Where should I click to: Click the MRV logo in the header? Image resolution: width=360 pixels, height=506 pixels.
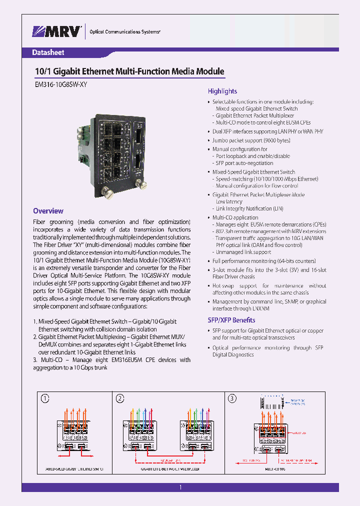click(x=57, y=31)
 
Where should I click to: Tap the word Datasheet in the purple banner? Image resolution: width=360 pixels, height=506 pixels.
click(x=48, y=52)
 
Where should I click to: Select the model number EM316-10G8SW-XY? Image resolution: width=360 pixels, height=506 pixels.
click(x=60, y=85)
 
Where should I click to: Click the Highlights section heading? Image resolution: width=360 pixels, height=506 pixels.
click(x=222, y=91)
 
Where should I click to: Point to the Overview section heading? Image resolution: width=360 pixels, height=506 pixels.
click(x=48, y=211)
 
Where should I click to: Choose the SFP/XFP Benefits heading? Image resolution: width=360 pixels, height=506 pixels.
click(x=231, y=320)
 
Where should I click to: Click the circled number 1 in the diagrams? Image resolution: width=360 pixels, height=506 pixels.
click(x=45, y=398)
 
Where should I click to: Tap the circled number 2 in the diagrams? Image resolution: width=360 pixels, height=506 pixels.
click(x=120, y=398)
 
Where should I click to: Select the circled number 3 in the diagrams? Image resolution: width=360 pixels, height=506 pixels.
click(x=232, y=398)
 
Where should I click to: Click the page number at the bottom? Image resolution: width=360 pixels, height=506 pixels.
click(x=180, y=487)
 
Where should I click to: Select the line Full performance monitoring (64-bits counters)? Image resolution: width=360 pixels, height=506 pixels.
click(x=264, y=261)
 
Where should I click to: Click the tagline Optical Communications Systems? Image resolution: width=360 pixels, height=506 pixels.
click(x=124, y=32)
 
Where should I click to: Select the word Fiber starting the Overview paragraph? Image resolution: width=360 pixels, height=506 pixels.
click(x=39, y=222)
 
